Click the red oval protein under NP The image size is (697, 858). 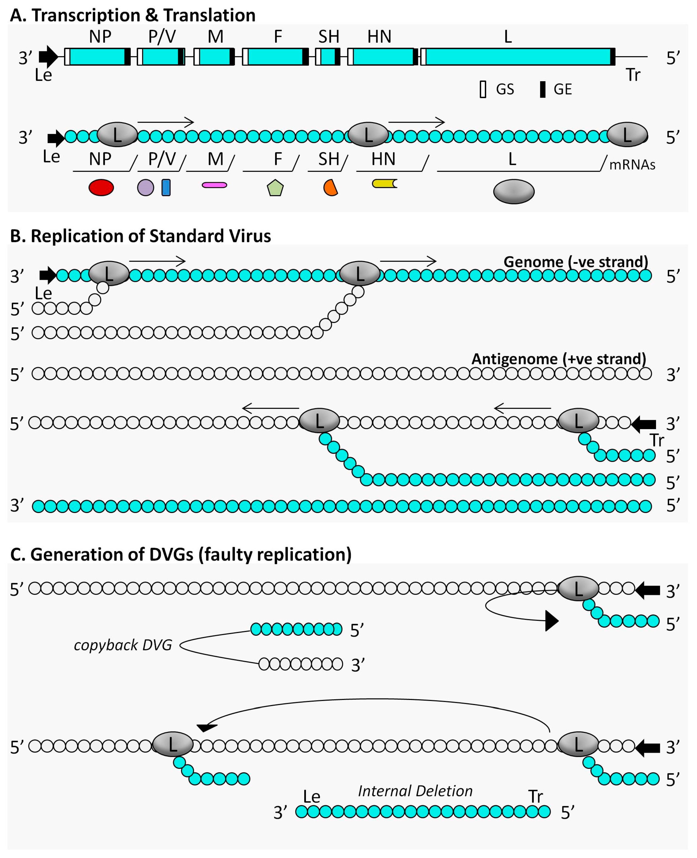click(x=101, y=187)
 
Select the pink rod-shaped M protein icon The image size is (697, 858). click(x=214, y=185)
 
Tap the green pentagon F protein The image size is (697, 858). click(x=275, y=188)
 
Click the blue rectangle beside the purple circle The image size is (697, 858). click(x=166, y=187)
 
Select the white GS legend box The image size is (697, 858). click(x=483, y=89)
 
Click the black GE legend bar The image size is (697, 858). click(x=542, y=89)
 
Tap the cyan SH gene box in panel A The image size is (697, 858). click(x=327, y=56)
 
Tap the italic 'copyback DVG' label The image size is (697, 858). click(x=123, y=645)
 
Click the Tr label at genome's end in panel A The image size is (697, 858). click(x=633, y=75)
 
